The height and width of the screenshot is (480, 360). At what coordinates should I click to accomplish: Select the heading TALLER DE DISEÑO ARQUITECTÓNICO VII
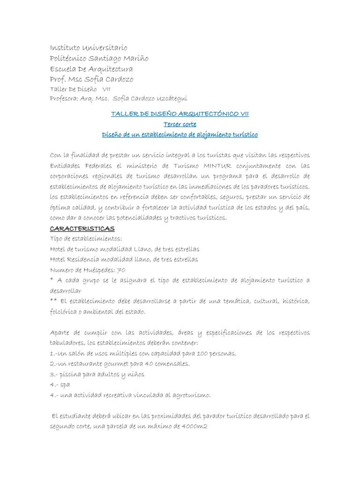180,114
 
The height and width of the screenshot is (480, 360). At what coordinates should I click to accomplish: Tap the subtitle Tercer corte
180,124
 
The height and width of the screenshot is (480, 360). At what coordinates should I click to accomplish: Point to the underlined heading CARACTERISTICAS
82,228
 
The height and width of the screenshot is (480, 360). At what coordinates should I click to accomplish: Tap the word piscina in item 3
70,374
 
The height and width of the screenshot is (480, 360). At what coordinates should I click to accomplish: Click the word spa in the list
66,384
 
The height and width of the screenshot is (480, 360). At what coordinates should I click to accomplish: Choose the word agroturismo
191,395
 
